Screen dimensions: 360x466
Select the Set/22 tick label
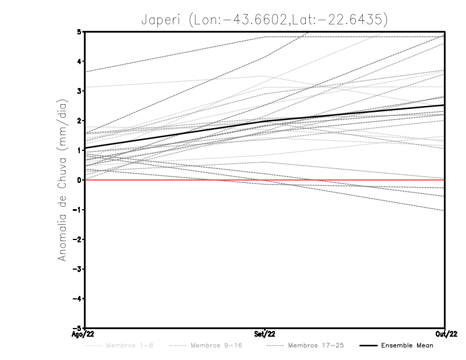pos(265,334)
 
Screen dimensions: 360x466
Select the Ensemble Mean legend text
pos(407,345)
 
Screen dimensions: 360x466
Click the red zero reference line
pos(175,180)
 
